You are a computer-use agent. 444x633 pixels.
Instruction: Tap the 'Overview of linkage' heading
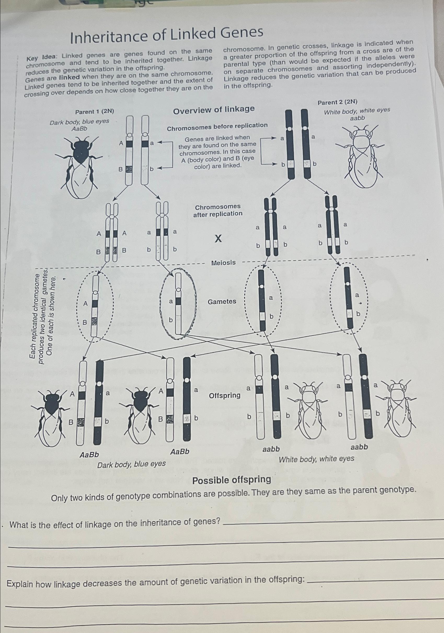214,110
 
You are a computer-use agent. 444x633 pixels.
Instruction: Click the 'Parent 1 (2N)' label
95,112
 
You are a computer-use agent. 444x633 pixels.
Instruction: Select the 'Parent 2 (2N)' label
337,102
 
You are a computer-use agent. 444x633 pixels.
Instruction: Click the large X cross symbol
218,238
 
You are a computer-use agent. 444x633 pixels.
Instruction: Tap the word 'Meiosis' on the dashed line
223,263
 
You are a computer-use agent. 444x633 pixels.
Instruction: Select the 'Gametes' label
222,302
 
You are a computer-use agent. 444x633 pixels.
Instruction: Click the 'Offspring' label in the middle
225,396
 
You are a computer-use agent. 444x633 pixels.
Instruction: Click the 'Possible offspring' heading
232,480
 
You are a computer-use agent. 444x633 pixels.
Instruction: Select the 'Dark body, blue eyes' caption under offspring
131,464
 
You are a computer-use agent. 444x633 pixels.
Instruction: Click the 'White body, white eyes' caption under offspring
316,459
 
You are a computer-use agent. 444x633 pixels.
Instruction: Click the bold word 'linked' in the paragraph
70,77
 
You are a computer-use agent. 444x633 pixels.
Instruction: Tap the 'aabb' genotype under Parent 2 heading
357,118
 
